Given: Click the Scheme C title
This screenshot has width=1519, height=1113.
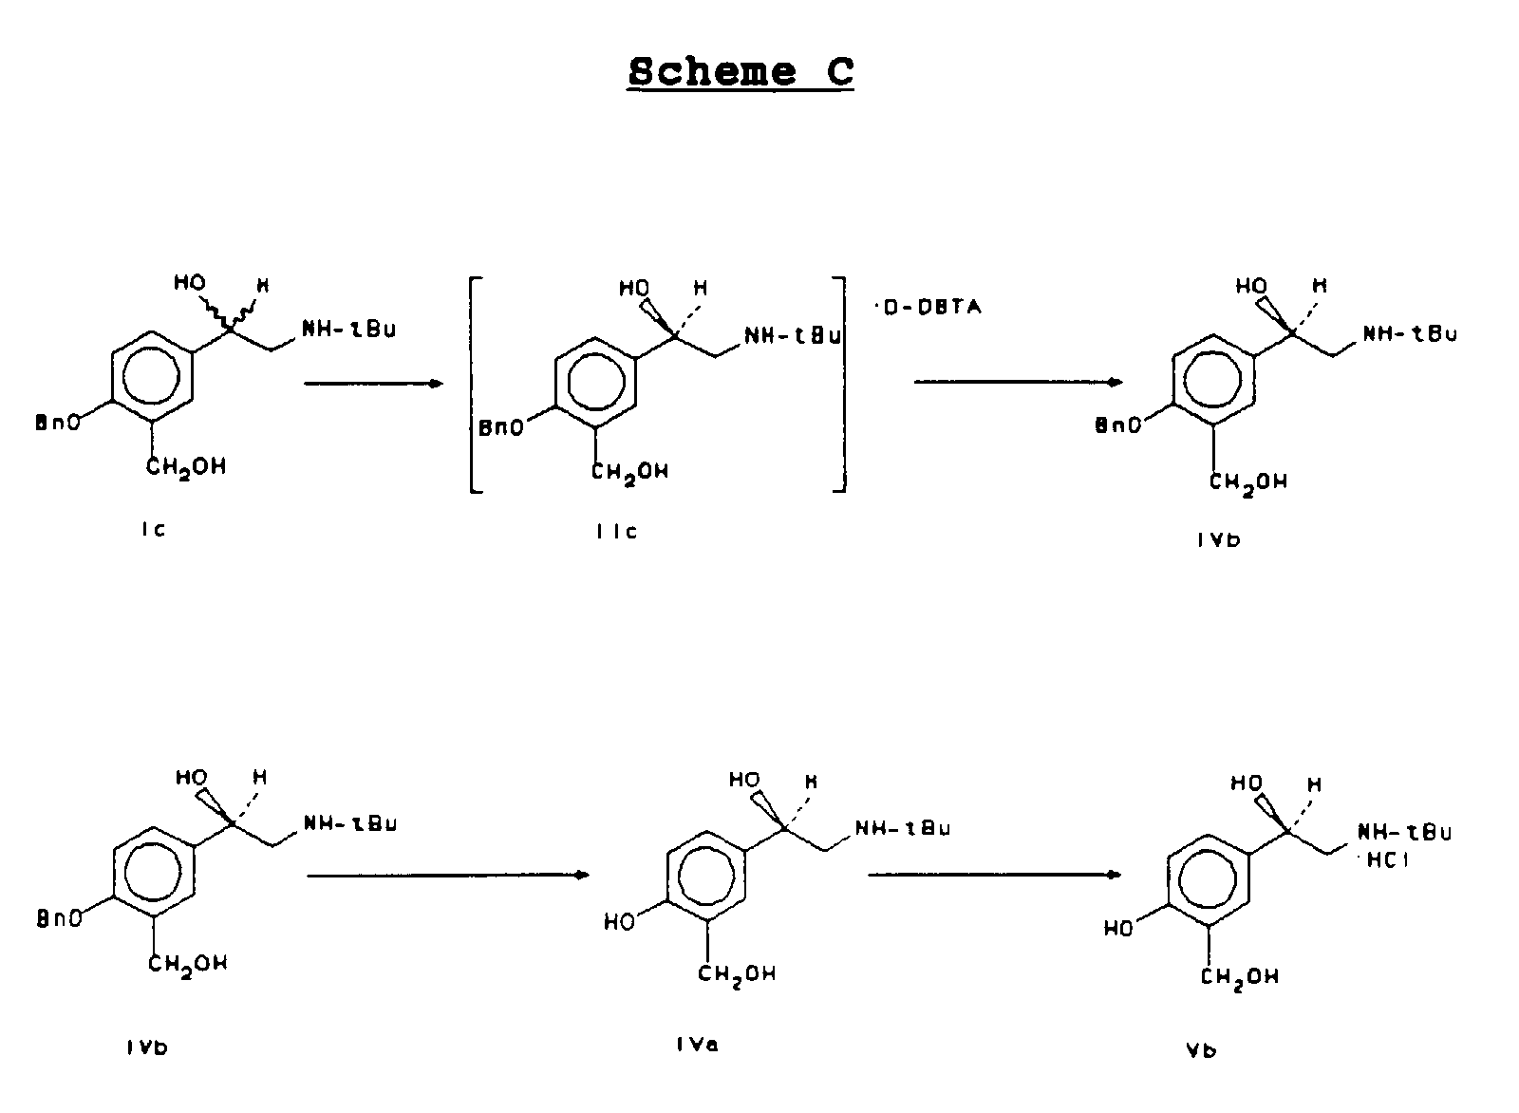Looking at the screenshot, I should click(x=741, y=72).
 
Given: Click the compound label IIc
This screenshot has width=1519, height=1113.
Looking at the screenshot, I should click(x=616, y=532).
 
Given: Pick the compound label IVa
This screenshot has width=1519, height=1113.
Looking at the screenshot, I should click(x=697, y=1045).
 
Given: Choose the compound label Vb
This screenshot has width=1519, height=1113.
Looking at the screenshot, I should click(x=1200, y=1048).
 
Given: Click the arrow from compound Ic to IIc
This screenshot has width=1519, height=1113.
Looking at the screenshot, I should click(x=373, y=384).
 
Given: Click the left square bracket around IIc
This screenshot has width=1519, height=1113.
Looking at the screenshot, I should click(x=475, y=384).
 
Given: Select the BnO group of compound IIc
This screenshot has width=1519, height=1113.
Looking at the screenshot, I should click(x=500, y=428).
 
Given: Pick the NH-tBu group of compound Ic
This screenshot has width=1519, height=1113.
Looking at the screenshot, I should click(x=348, y=330).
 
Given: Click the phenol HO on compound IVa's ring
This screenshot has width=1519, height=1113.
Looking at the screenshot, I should click(x=619, y=921).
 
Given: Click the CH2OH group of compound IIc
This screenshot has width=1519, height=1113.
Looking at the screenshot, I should click(x=629, y=471).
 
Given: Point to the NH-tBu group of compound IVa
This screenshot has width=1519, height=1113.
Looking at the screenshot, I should click(x=903, y=828).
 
